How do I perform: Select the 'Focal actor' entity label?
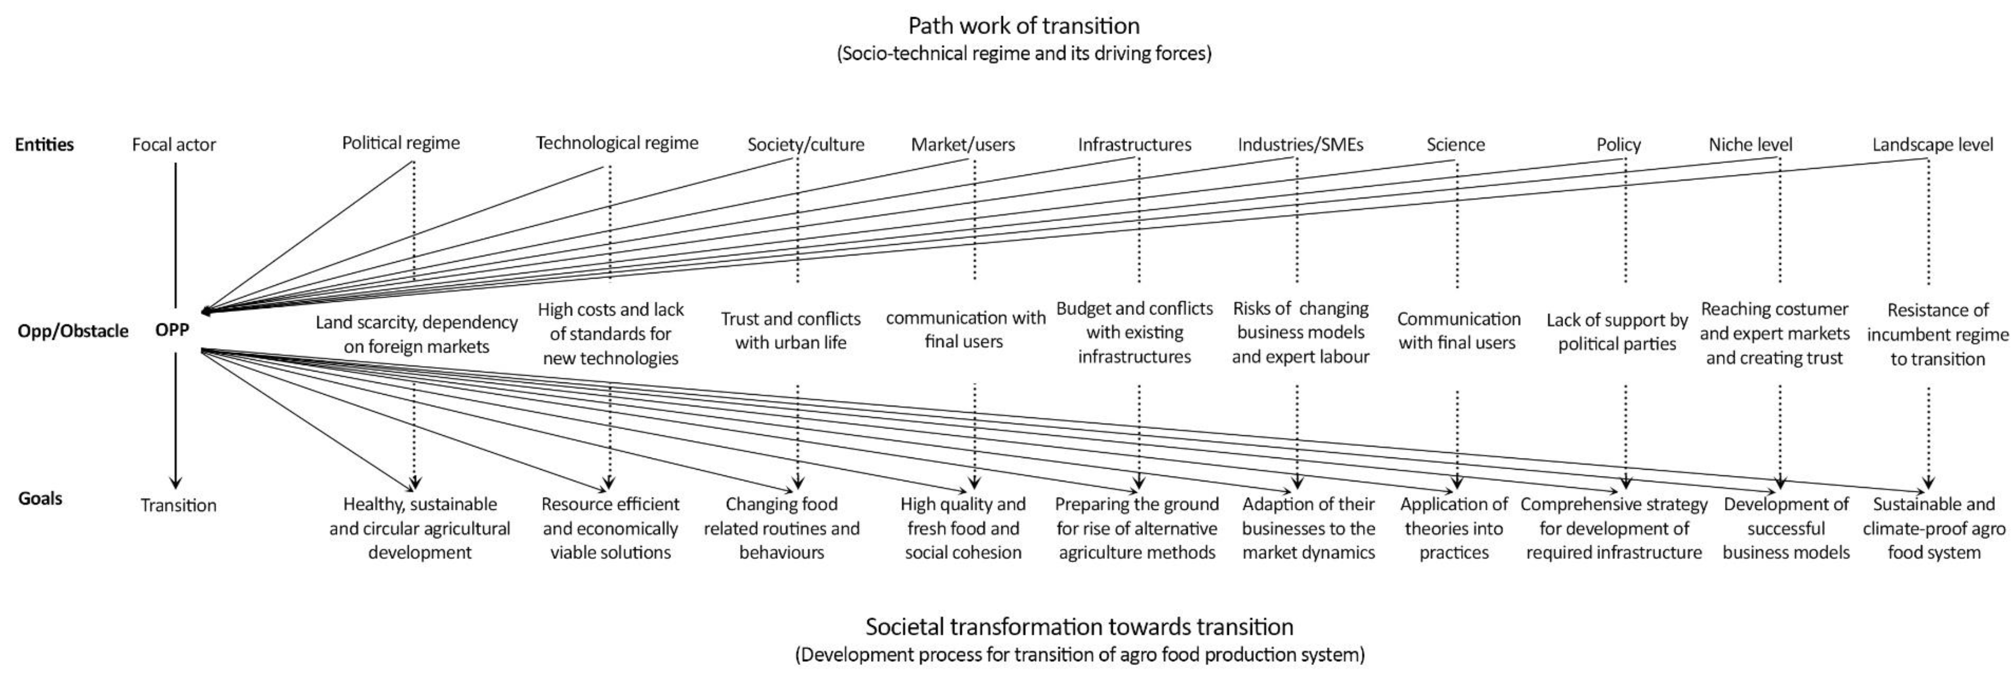tap(174, 145)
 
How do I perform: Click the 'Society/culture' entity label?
tap(806, 145)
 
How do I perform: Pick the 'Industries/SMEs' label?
tap(1300, 145)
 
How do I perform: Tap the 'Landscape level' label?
tap(1932, 145)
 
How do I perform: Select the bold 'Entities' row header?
tap(45, 145)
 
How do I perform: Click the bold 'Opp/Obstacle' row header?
tap(73, 331)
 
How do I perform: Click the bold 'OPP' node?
tap(172, 330)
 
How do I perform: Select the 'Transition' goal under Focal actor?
tap(178, 505)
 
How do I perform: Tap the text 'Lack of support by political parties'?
tap(1617, 332)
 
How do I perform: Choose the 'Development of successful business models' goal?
tap(1786, 528)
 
